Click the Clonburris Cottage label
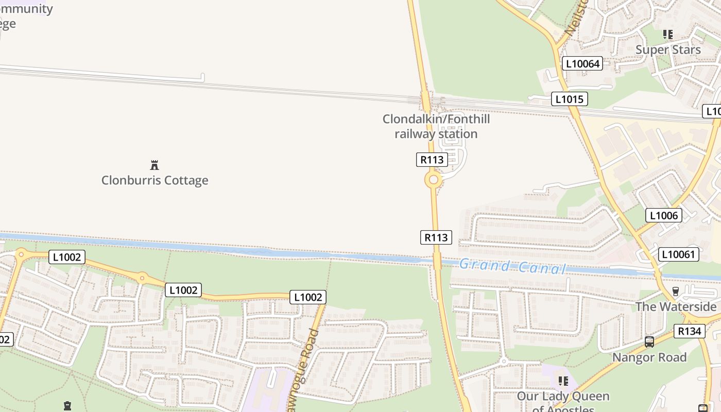click(x=154, y=180)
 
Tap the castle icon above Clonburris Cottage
click(x=154, y=165)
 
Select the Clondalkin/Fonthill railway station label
click(x=436, y=127)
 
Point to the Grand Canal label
click(x=512, y=267)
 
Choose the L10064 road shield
click(x=582, y=63)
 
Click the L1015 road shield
click(x=569, y=98)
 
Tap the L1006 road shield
click(x=664, y=215)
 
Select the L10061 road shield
click(x=679, y=254)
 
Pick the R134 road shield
click(x=689, y=331)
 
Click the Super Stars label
click(x=668, y=49)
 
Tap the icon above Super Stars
click(x=668, y=35)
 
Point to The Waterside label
click(x=676, y=306)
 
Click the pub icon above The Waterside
click(x=676, y=291)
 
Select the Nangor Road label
click(x=649, y=357)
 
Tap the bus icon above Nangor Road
click(x=649, y=341)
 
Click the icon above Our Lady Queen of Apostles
click(x=563, y=381)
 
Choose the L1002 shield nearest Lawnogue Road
click(x=308, y=297)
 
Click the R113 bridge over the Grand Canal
click(x=437, y=261)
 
